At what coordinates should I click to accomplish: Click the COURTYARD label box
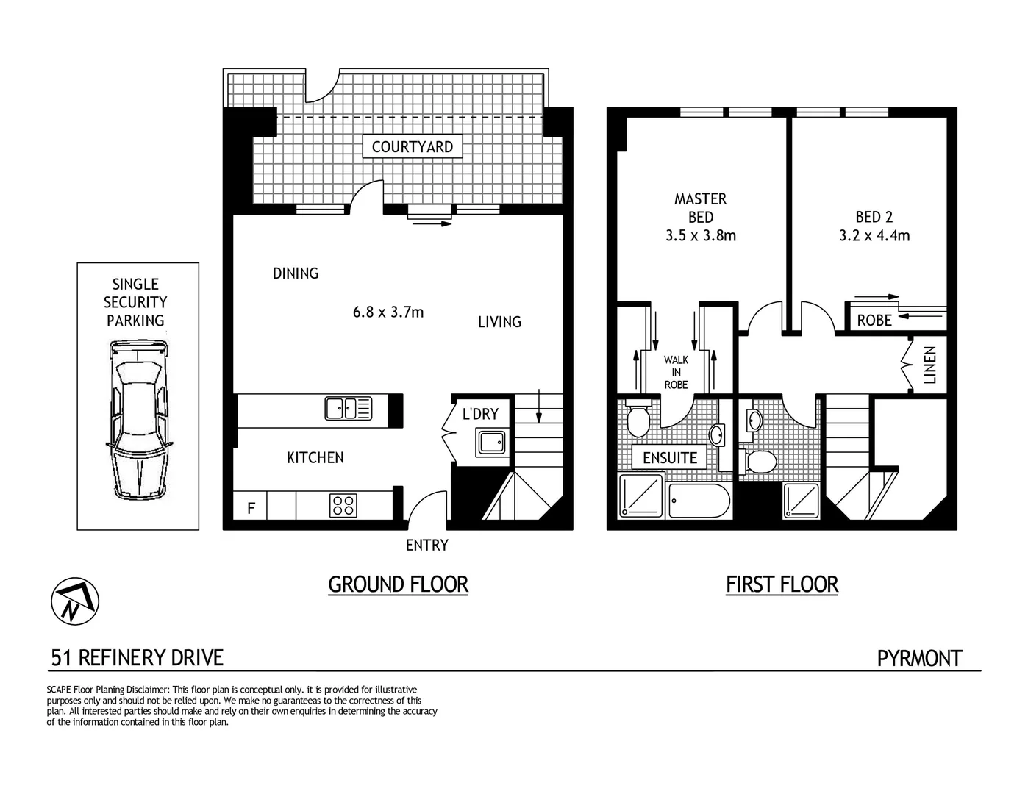(x=413, y=146)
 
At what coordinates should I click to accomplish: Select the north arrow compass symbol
(x=75, y=601)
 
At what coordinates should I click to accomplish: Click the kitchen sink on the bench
(x=348, y=408)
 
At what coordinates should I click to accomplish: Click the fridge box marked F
(x=251, y=507)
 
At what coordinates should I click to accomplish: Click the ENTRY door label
(x=426, y=546)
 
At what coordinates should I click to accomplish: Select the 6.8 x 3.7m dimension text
(x=388, y=312)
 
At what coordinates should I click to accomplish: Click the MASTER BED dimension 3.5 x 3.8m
(x=700, y=236)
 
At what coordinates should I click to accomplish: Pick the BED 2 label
(x=874, y=217)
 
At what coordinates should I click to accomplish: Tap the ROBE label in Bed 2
(x=874, y=321)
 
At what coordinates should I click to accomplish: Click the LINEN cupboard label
(x=930, y=365)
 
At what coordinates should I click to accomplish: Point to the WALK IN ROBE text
(x=676, y=372)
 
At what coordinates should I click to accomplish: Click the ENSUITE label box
(x=669, y=457)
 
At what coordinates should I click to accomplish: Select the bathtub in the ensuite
(x=699, y=501)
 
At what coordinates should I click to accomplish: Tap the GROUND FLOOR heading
(x=398, y=584)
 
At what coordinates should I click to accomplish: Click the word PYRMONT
(x=919, y=658)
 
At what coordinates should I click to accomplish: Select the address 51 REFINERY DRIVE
(x=137, y=657)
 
